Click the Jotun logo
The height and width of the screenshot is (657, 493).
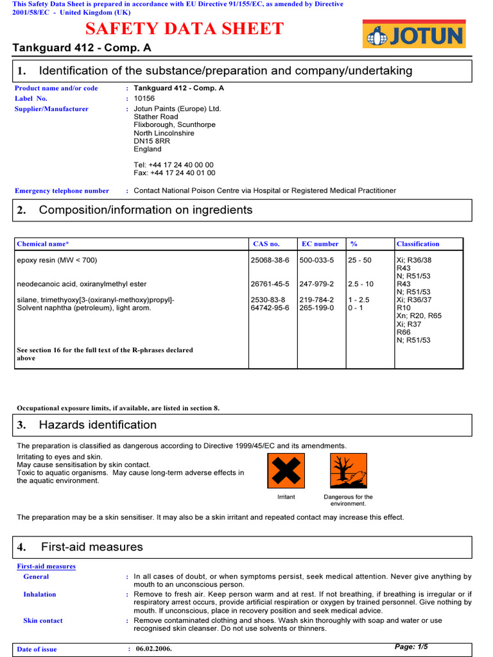pos(413,34)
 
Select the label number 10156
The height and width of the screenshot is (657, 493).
pos(144,99)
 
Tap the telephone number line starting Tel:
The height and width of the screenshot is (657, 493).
pos(173,165)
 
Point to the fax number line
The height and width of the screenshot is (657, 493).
pos(174,173)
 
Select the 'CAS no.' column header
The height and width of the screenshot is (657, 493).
pos(266,244)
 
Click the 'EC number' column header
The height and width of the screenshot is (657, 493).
pos(320,244)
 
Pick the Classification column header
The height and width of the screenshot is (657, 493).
pos(418,244)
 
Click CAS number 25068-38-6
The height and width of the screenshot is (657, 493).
pos(270,260)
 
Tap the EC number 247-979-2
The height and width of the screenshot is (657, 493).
pos(316,284)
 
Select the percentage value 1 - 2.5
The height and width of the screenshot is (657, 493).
pos(359,300)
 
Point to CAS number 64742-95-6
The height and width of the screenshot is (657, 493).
pos(270,308)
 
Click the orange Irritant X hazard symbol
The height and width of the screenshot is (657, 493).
pos(286,471)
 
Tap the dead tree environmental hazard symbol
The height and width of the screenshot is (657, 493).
pos(348,471)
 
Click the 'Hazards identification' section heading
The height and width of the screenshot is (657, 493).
pos(98,425)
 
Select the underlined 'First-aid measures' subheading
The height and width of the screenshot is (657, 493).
pos(46,567)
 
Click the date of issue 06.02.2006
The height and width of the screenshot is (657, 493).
pos(154,649)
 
